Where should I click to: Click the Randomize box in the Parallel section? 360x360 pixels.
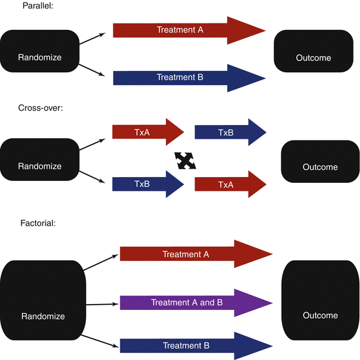(x=40, y=57)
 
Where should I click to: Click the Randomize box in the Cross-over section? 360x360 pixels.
(x=40, y=165)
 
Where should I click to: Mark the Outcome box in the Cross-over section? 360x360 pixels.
(x=320, y=167)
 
